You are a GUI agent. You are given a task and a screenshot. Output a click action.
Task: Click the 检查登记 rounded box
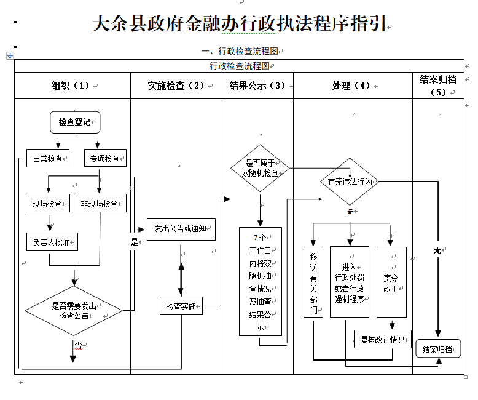(x=74, y=122)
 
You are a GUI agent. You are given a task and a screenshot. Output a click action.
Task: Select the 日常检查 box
(x=47, y=158)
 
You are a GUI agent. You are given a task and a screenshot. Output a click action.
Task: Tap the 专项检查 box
(x=105, y=158)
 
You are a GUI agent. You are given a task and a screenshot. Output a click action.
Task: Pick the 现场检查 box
(x=47, y=203)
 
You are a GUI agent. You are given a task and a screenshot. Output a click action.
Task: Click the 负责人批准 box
(x=52, y=242)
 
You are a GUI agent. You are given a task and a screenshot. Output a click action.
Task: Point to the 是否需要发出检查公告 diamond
(x=74, y=310)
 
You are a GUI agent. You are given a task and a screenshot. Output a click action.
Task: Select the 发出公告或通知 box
(x=181, y=229)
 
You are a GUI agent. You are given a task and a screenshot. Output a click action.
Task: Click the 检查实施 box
(x=181, y=306)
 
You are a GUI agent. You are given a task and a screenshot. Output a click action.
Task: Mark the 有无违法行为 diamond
(x=350, y=182)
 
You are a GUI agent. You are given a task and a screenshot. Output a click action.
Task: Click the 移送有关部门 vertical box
(x=313, y=282)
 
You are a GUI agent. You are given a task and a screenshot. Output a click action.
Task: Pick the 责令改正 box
(x=391, y=282)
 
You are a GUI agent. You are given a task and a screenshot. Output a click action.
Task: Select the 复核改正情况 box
(x=382, y=339)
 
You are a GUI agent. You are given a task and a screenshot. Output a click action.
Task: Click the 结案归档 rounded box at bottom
(x=438, y=349)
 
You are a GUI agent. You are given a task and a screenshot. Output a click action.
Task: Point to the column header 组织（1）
(x=72, y=86)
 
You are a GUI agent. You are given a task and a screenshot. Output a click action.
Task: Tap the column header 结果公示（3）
(x=259, y=86)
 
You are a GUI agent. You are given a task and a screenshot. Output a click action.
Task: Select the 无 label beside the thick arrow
(x=437, y=250)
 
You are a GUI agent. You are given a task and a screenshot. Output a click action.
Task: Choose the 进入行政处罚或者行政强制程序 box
(x=350, y=282)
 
